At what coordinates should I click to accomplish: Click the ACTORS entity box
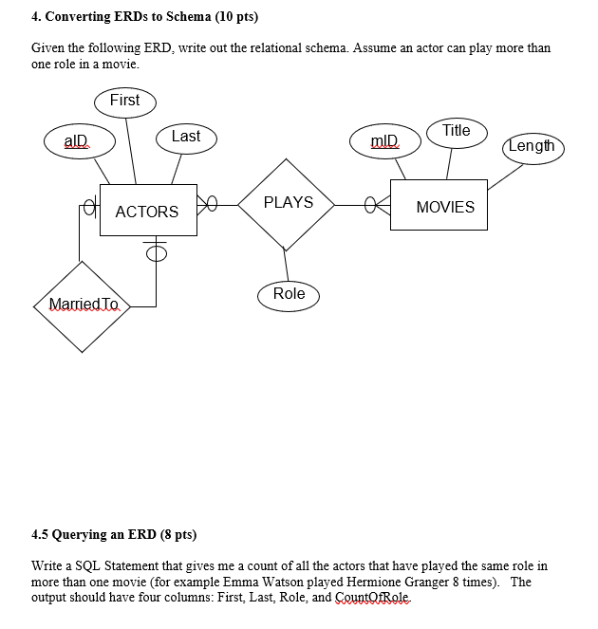pyautogui.click(x=146, y=211)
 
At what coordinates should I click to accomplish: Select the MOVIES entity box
pyautogui.click(x=444, y=206)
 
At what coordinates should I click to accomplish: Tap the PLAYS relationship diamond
pyautogui.click(x=288, y=203)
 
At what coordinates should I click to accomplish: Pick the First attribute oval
pyautogui.click(x=124, y=101)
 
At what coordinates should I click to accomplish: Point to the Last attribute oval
pyautogui.click(x=185, y=137)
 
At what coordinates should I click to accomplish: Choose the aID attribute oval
pyautogui.click(x=76, y=141)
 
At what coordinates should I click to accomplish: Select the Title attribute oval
pyautogui.click(x=456, y=131)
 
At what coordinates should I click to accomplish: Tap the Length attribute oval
pyautogui.click(x=531, y=146)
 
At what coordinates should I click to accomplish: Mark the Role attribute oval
pyautogui.click(x=289, y=294)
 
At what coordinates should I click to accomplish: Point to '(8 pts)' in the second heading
pyautogui.click(x=175, y=534)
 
